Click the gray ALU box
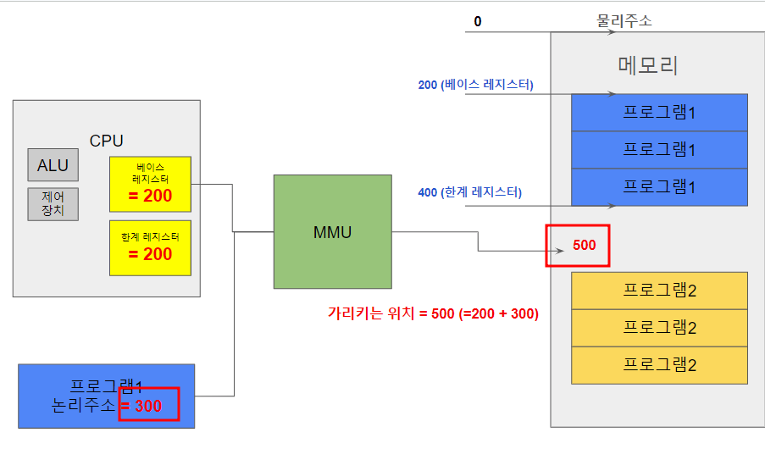coord(53,165)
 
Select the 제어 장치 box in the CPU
coord(53,203)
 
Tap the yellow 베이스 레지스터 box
coord(151,184)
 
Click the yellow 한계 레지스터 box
coord(151,247)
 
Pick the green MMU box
coord(332,231)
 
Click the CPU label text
coord(107,141)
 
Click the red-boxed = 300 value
coord(149,406)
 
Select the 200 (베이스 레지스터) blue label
coord(475,85)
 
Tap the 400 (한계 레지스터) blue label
coord(470,192)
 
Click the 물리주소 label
coord(625,20)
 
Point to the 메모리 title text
coord(648,65)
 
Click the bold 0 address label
coord(478,21)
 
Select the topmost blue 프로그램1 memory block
coord(659,113)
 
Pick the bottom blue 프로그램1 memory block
coord(659,187)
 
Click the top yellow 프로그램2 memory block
coord(659,291)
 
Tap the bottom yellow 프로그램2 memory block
coord(659,365)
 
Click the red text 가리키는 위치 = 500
coord(433,313)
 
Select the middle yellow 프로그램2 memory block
coord(659,328)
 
